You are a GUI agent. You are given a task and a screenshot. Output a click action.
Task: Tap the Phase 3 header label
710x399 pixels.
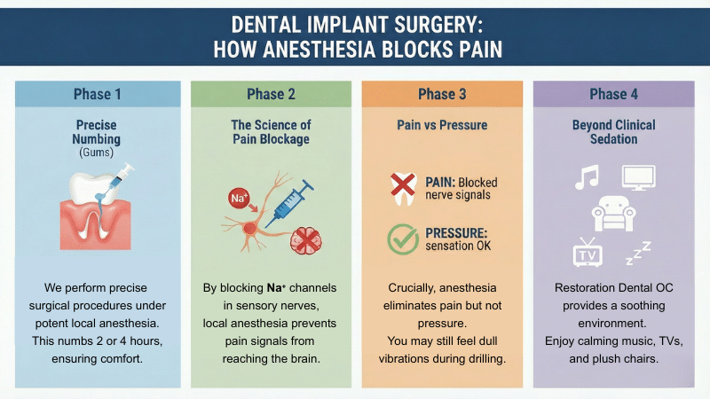click(x=441, y=94)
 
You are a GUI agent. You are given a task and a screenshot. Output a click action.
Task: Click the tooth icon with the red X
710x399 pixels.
click(x=404, y=185)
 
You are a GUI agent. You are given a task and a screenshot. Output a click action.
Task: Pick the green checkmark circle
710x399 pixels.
click(x=404, y=240)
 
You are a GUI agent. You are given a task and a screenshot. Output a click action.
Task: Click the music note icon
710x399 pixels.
click(x=586, y=176)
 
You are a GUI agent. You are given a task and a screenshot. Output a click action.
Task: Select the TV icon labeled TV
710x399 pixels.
click(x=588, y=253)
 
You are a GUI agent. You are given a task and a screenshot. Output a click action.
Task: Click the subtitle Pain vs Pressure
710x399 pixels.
click(x=441, y=125)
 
